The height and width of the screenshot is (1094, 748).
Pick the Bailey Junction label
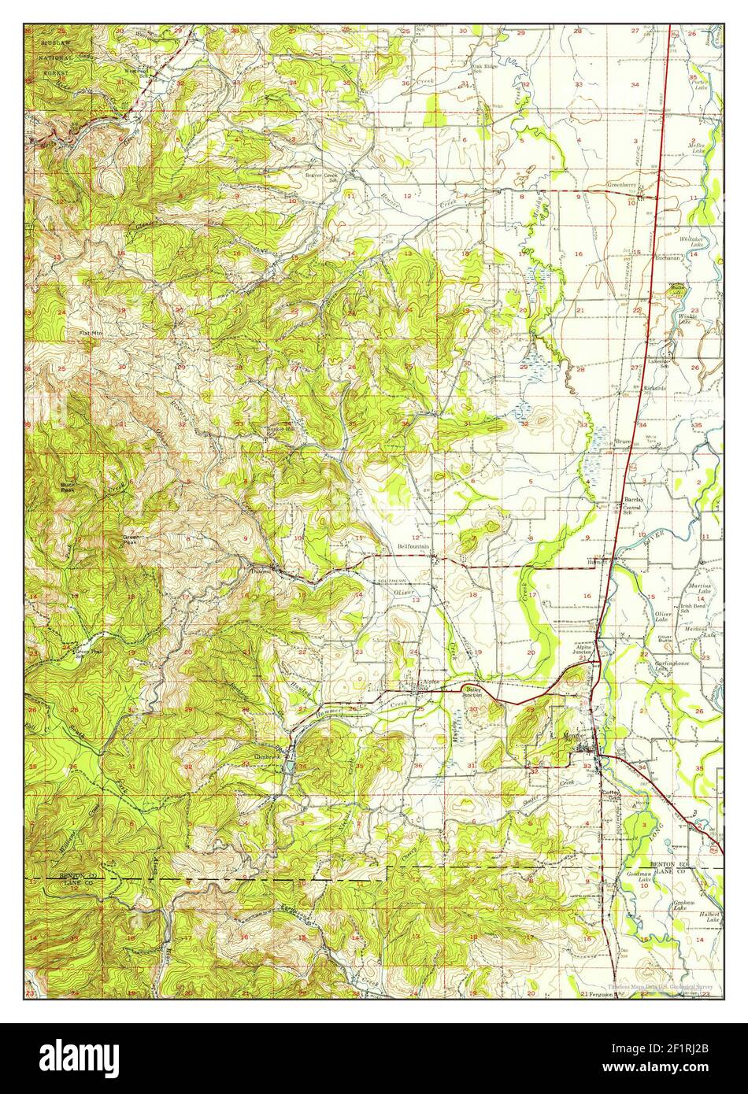tap(472, 693)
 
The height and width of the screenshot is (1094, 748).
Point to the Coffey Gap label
tap(613, 796)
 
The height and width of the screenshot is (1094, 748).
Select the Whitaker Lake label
tap(694, 242)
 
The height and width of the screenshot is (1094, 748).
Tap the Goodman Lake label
tap(637, 877)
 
